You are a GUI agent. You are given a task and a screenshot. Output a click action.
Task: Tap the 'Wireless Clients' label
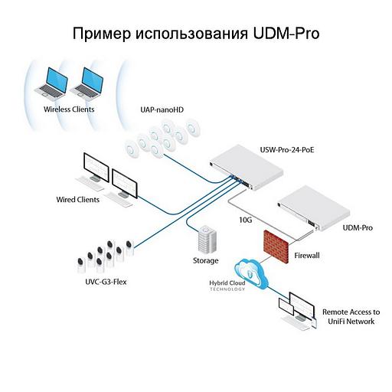pyautogui.click(x=68, y=109)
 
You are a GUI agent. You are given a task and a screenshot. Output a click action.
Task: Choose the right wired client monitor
pyautogui.click(x=127, y=181)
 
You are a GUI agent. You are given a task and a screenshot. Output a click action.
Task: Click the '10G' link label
pyautogui.click(x=246, y=220)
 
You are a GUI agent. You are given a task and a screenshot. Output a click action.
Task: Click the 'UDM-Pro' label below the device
pyautogui.click(x=356, y=228)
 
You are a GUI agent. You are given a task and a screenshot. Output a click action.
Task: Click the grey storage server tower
pyautogui.click(x=205, y=240)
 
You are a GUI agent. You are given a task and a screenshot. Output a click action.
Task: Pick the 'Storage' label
pyautogui.click(x=205, y=261)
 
